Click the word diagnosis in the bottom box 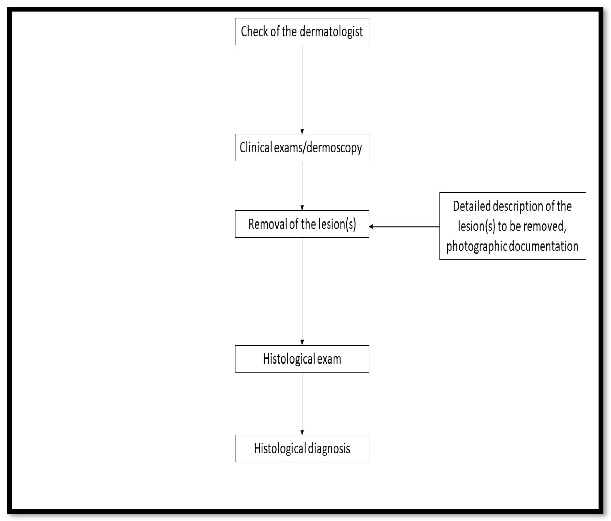(x=329, y=448)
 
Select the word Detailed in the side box (x=472, y=206)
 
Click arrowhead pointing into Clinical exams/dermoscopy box (x=302, y=132)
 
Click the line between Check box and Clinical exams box (x=302, y=88)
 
